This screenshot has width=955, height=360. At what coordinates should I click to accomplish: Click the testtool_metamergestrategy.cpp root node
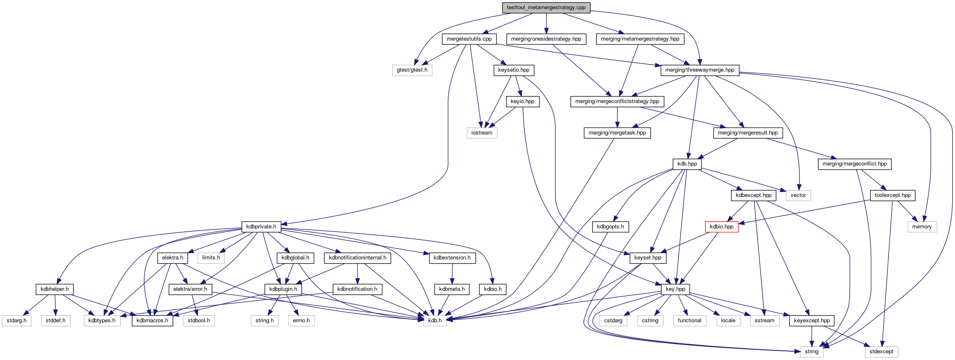point(546,8)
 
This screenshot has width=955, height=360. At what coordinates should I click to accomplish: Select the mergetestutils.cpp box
point(469,39)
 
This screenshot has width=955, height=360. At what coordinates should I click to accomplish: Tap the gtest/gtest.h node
point(412,70)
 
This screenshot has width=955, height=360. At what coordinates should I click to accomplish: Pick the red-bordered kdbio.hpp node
point(721,227)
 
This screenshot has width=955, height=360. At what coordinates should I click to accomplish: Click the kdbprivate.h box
point(261,227)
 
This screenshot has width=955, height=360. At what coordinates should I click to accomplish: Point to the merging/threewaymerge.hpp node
point(699,70)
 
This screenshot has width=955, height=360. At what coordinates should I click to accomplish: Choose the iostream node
point(482,133)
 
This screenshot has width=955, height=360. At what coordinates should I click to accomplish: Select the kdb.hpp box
point(687,164)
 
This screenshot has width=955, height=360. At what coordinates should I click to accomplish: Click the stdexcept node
point(881,352)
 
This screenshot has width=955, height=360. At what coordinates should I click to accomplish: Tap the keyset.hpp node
point(647,258)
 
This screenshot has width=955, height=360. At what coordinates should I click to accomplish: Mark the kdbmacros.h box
point(152,321)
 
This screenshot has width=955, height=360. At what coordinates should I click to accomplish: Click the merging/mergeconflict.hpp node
point(854,164)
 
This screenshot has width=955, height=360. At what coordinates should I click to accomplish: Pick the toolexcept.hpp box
point(893,195)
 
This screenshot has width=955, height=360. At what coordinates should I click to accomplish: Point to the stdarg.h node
point(16,321)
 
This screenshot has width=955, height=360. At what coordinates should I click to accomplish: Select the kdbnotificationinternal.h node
point(357,258)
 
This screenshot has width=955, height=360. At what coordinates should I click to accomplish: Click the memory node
point(922,227)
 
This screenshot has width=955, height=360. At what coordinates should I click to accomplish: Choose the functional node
point(689,321)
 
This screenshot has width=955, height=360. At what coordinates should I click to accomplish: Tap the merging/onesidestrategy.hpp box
point(546,39)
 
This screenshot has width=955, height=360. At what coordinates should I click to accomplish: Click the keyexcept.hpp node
point(812,321)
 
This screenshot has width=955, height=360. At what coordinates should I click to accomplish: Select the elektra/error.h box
point(190,289)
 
